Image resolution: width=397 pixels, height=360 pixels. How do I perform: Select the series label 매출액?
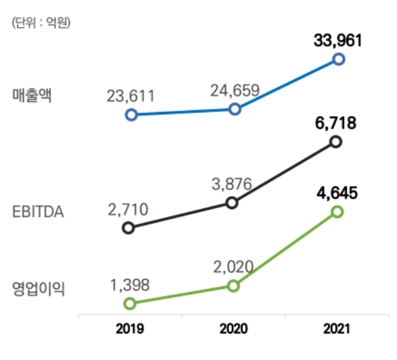(x=31, y=96)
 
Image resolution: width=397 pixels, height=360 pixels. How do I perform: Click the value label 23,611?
(x=131, y=96)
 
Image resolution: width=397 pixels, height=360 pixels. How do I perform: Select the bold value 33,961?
(x=338, y=40)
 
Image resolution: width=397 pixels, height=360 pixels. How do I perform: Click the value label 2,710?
(x=128, y=209)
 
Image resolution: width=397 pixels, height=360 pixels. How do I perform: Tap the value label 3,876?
(x=232, y=184)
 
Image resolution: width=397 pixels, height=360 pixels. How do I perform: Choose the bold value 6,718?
(x=336, y=123)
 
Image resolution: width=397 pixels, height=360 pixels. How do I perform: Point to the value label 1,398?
(x=129, y=285)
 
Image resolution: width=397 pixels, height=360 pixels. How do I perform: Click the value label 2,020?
(x=233, y=265)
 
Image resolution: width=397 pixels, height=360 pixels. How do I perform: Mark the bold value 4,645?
(x=337, y=193)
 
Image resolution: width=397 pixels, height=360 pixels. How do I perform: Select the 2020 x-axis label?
(x=233, y=329)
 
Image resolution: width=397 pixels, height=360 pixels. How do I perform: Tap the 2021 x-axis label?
(x=336, y=329)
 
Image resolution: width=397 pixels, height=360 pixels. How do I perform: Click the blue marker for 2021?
(x=338, y=59)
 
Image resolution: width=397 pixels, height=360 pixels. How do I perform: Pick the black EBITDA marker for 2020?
(x=232, y=203)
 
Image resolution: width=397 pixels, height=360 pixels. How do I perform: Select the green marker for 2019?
(x=129, y=303)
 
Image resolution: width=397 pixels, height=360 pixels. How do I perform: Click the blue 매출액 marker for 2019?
(x=131, y=114)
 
